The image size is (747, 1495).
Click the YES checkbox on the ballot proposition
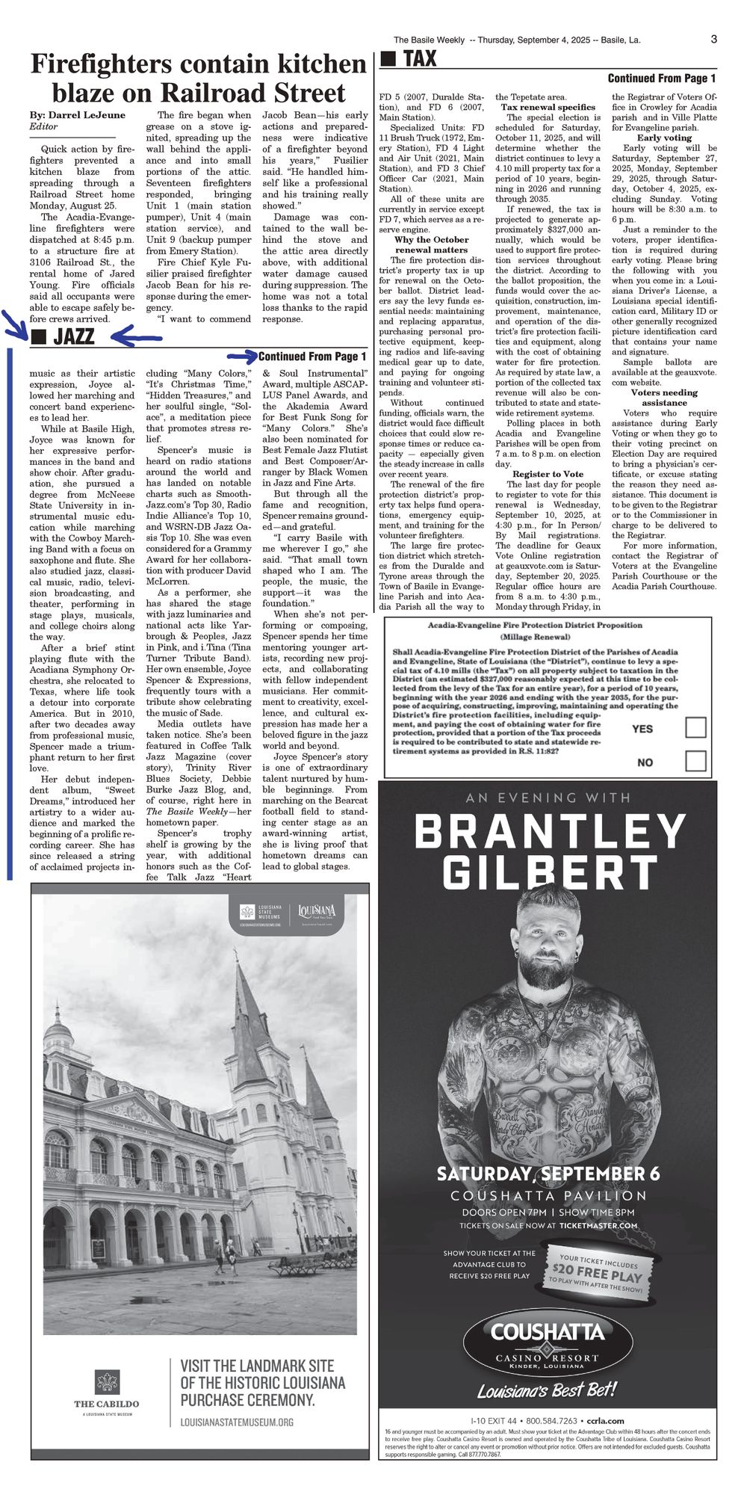tap(695, 727)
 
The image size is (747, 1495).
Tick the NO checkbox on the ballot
tap(695, 761)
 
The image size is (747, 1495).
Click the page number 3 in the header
tap(713, 40)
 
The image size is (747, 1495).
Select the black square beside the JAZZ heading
tap(40, 337)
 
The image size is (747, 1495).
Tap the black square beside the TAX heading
tap(388, 59)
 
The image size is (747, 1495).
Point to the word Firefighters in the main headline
tap(101, 64)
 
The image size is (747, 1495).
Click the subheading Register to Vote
tap(548, 474)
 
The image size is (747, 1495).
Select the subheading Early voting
tap(664, 138)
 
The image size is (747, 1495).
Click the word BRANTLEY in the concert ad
tap(549, 832)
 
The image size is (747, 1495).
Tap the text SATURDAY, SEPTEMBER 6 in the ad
tap(548, 1173)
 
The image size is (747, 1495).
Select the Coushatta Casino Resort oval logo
tap(548, 1343)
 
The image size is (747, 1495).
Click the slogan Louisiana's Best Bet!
tap(547, 1390)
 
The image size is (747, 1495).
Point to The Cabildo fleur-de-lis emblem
tap(107, 1382)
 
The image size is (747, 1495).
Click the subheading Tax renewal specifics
tap(548, 107)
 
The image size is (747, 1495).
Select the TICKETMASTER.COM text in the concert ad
tap(598, 1225)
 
